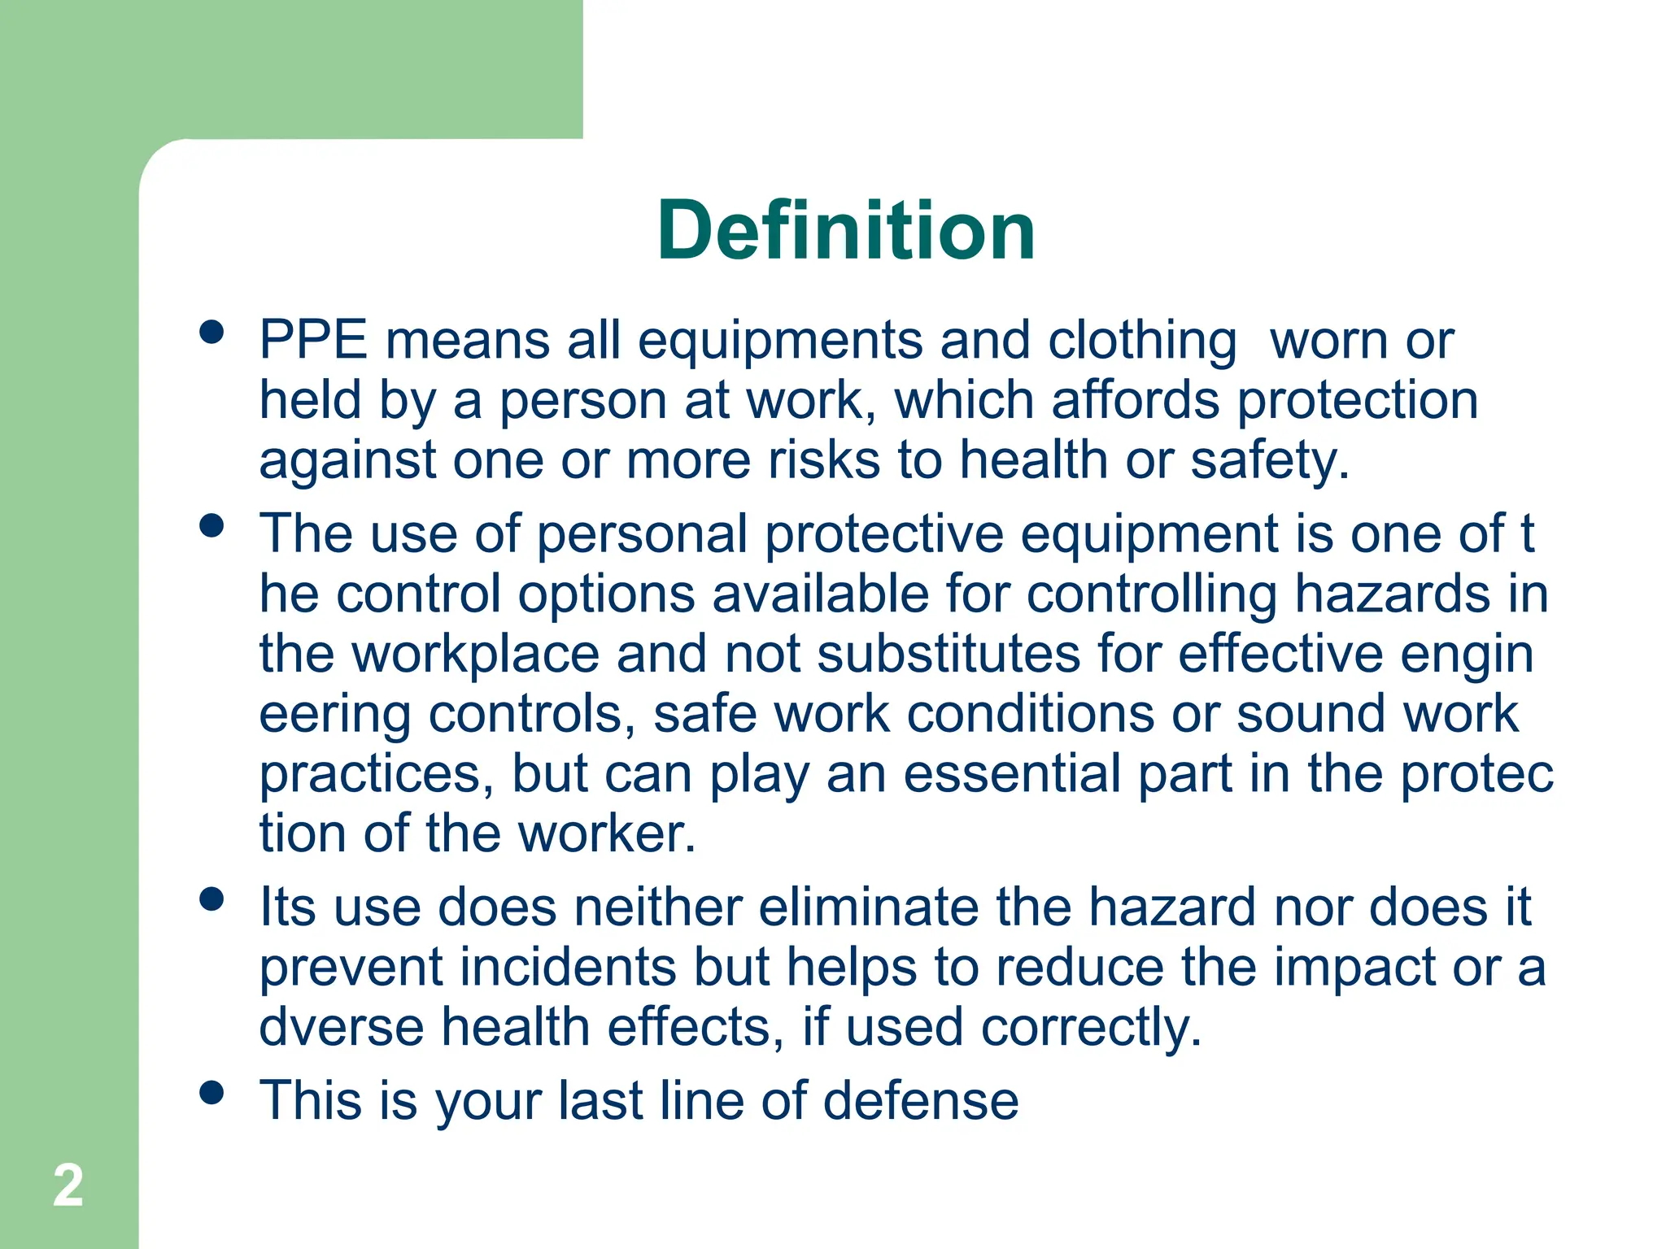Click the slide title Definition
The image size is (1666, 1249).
(846, 231)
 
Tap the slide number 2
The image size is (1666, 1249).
(68, 1186)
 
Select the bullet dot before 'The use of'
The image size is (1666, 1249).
(212, 525)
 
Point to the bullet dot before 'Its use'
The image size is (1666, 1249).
(212, 899)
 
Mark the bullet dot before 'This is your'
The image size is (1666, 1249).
(212, 1093)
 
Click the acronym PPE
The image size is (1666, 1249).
(313, 339)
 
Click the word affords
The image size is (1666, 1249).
(1136, 400)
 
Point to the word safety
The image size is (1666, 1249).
(1269, 461)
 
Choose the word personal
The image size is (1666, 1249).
(642, 535)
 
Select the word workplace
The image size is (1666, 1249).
(475, 655)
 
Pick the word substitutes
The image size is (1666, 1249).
(949, 654)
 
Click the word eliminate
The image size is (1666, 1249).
(868, 907)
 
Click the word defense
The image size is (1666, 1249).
(921, 1100)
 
